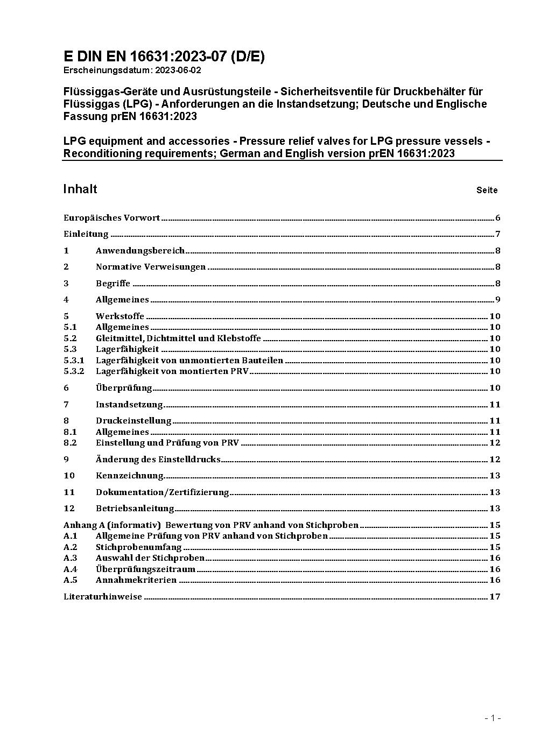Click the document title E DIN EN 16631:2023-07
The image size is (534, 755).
164,57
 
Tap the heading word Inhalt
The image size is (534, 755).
80,189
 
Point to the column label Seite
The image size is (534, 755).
487,190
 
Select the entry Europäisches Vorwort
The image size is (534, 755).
111,218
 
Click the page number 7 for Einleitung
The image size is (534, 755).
498,234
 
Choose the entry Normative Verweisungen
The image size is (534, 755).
151,267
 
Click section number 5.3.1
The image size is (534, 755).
74,361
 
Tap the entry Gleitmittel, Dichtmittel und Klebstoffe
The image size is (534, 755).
178,338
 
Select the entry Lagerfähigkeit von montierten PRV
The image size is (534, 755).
172,371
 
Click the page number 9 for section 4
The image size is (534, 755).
498,300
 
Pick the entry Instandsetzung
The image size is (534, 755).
129,405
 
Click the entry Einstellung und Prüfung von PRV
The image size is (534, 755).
167,443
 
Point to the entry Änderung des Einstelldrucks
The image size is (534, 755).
158,460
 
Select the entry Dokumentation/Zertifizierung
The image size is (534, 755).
163,492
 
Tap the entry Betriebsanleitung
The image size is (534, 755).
135,509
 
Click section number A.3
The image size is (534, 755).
71,558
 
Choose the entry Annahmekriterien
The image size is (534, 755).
136,580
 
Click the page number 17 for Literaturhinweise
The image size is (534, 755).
495,597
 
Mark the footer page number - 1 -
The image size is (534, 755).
493,718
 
